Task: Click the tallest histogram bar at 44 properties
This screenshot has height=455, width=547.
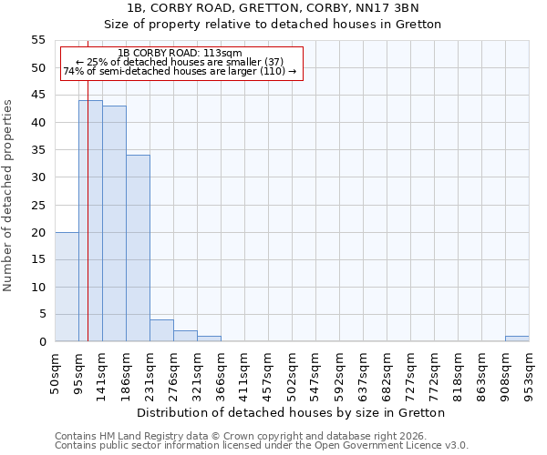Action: coord(90,221)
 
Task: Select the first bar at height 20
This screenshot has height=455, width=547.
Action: coord(67,287)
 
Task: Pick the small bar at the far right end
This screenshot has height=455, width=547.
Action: coord(517,339)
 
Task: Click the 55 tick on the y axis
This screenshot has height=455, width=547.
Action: coord(38,40)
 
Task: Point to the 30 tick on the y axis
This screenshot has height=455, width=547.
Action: coord(38,177)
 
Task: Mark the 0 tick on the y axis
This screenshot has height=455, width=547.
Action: coord(42,341)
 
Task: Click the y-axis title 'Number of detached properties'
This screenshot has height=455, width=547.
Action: coord(9,196)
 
